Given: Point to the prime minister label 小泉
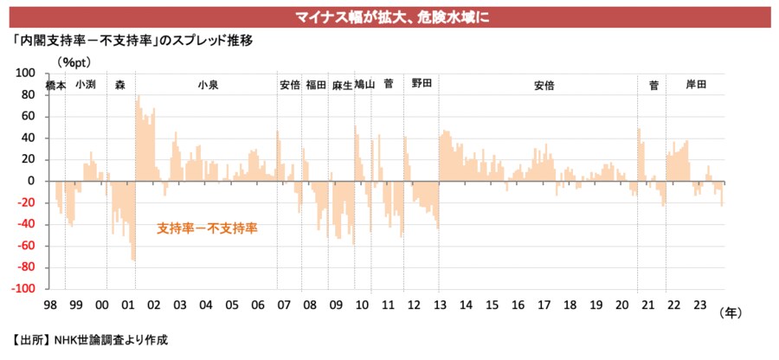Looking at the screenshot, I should pos(208,85).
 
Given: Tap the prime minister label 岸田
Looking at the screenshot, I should pos(696,85).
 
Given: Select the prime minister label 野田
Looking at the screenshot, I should pos(422,84).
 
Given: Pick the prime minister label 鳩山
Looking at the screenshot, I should pos(364,85).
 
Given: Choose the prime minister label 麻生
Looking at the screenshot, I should pos(341,86).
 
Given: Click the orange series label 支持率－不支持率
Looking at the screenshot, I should pos(208,229).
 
